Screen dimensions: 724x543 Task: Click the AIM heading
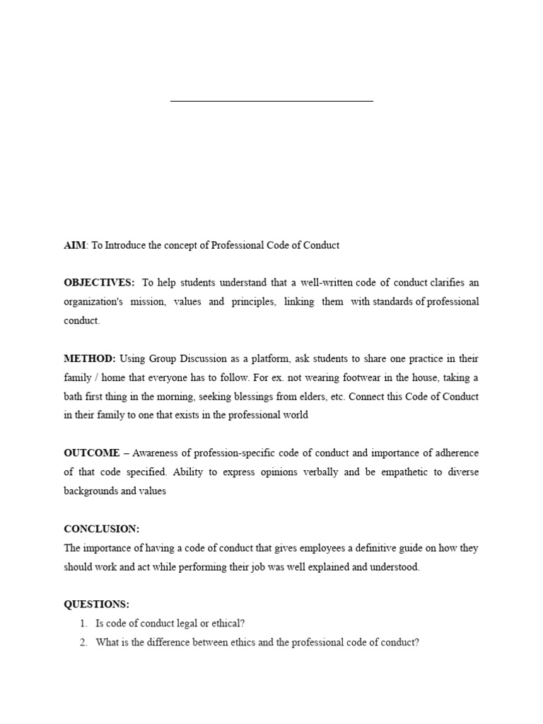[x=74, y=245]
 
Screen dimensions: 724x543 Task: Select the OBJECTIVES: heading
[x=99, y=283]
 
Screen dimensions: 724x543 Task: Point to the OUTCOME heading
[x=92, y=453]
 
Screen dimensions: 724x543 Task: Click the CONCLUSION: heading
[x=102, y=529]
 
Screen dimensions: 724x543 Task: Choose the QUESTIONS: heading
[x=97, y=605]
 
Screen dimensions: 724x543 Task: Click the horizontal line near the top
[x=271, y=101]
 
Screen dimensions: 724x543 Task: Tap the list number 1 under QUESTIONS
[x=83, y=624]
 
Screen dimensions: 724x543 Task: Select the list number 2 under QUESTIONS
[x=83, y=643]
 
